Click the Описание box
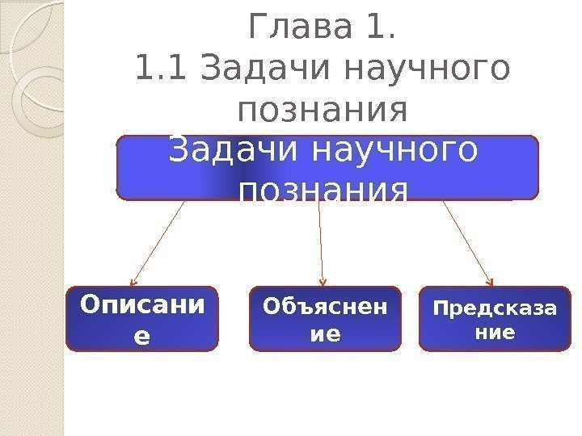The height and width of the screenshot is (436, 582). (x=141, y=318)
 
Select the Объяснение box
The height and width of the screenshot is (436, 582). (x=325, y=318)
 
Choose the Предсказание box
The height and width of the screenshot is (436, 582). (x=495, y=318)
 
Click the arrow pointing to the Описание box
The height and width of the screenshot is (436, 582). (x=159, y=241)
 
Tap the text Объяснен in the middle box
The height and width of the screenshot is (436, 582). (x=325, y=308)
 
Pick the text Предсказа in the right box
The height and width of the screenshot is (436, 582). (x=495, y=309)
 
